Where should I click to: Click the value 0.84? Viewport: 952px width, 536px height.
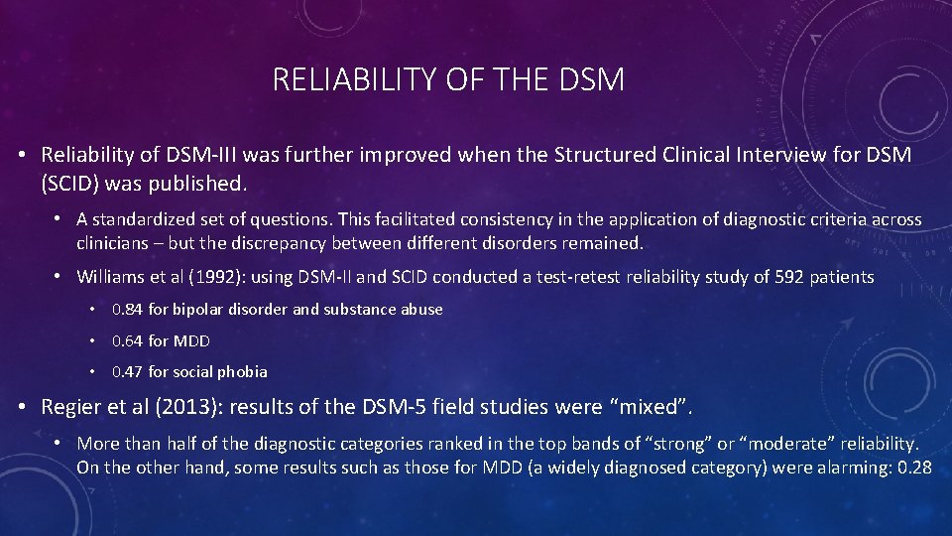pos(128,310)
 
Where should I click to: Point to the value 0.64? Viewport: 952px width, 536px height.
pos(128,340)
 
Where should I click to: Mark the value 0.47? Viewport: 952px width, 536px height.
pos(128,372)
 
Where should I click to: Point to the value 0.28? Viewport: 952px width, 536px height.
pos(912,467)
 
